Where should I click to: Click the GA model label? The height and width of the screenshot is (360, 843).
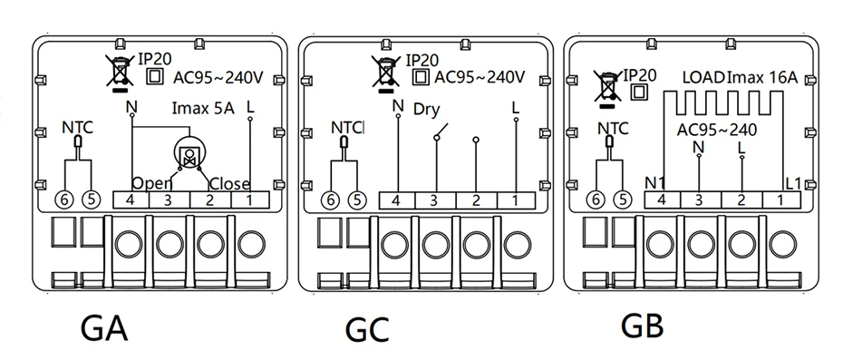(104, 328)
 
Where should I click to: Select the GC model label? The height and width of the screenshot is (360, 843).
(367, 330)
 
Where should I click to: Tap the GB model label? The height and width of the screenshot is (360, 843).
(642, 326)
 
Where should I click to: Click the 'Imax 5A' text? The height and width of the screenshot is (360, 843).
(203, 108)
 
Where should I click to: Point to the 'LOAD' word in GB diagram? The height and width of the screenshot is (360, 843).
(703, 77)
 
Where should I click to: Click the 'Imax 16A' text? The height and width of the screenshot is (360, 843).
(761, 77)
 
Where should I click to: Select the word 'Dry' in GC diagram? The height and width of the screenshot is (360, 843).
(427, 111)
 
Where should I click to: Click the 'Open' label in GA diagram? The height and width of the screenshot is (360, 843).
(151, 183)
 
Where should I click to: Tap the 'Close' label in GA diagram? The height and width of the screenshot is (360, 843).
(230, 184)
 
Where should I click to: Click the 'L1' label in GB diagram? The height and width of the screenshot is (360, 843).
(793, 183)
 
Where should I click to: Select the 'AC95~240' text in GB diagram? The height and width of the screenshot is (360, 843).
(717, 131)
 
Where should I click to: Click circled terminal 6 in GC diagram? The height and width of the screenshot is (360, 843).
(331, 200)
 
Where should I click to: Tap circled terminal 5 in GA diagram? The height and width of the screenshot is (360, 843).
(91, 200)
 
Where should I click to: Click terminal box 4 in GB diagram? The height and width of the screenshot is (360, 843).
(663, 200)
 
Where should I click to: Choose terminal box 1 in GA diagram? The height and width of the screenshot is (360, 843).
(250, 200)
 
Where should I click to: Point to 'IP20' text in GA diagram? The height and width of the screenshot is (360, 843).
(155, 59)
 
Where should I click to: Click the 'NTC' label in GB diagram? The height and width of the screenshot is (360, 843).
(613, 129)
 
